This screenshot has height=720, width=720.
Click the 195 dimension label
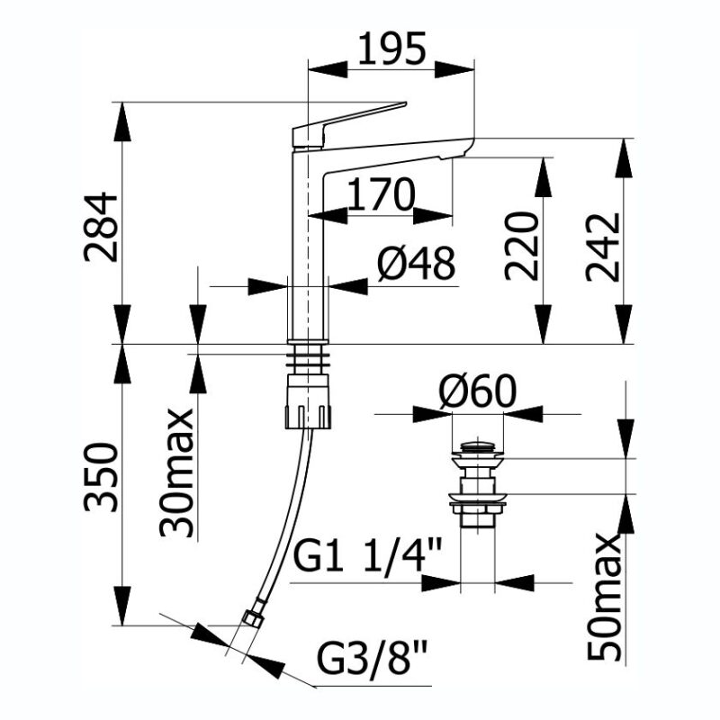pos(391,49)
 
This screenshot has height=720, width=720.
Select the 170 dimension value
pos(381,194)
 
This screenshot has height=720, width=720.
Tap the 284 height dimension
pos(101,227)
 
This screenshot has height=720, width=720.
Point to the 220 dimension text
pos(521,246)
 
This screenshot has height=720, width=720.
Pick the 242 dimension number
pos(603,247)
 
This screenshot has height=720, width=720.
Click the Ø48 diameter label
pos(417,263)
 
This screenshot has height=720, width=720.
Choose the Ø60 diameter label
pos(478,391)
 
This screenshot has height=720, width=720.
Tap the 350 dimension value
pos(101,477)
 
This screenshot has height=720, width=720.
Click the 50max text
pos(604,597)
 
